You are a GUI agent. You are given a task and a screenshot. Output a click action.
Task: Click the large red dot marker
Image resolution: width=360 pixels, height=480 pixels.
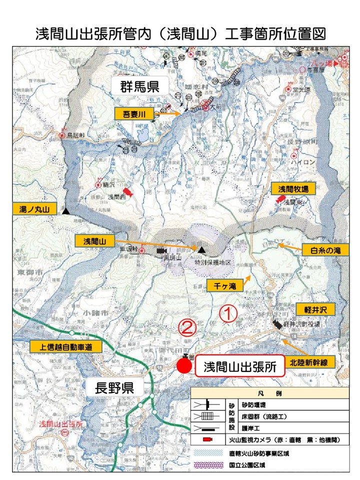(184, 365)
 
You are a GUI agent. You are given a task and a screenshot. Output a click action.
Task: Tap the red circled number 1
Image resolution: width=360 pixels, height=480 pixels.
(228, 314)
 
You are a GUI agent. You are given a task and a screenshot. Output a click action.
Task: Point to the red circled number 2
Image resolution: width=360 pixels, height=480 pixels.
(187, 327)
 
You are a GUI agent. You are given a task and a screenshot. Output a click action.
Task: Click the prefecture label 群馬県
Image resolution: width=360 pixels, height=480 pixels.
(139, 86)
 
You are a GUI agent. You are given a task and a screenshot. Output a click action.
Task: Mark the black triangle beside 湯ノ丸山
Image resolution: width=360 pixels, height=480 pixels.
(66, 212)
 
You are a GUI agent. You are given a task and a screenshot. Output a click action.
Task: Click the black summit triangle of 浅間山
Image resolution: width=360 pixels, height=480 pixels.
(201, 249)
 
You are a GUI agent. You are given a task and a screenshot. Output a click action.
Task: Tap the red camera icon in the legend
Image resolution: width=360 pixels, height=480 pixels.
(206, 439)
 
